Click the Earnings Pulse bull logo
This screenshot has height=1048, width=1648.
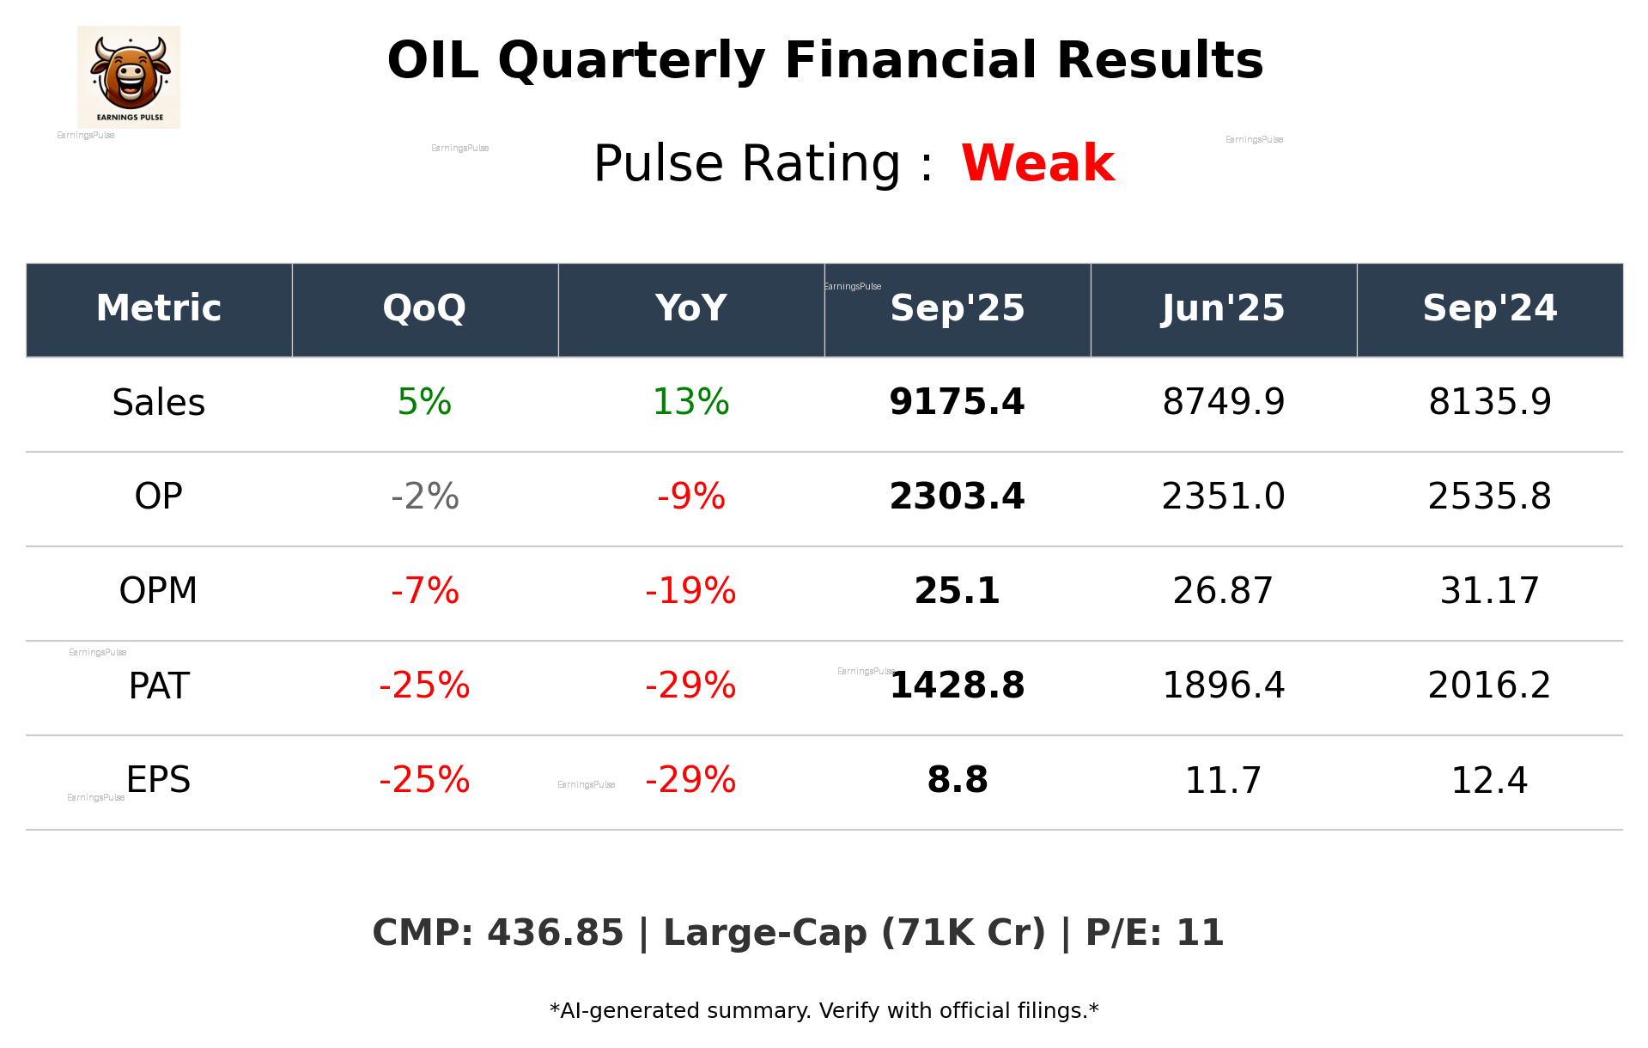129,76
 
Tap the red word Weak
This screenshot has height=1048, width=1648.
1037,163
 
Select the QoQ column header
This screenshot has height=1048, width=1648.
424,308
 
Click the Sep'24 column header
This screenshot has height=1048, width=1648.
1489,308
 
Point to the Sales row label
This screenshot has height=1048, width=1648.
159,403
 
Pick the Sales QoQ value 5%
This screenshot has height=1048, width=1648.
424,403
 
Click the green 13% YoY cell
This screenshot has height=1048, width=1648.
690,403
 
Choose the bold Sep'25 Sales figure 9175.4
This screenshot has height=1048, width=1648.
957,403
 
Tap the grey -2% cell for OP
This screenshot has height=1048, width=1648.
424,497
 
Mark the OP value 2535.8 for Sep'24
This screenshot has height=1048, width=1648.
1489,497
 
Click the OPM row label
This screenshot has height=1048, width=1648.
159,592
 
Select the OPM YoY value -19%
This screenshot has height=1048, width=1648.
690,592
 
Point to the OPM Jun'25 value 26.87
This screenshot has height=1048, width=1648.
1223,592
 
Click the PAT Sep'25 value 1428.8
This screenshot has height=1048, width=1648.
957,686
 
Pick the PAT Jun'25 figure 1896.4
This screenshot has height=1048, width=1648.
1223,686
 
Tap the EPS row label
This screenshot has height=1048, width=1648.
159,781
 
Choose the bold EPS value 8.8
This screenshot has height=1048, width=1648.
957,781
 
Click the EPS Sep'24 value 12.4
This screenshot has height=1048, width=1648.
1489,781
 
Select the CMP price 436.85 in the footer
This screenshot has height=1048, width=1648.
555,934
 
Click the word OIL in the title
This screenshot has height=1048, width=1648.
433,62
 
